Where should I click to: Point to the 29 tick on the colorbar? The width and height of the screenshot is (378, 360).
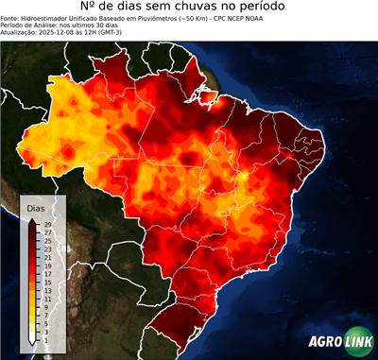tap(46, 224)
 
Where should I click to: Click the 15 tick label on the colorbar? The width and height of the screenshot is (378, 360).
tap(46, 282)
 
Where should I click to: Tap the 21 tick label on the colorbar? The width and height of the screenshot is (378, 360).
tap(46, 257)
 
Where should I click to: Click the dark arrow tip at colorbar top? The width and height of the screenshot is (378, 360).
tap(32, 218)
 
